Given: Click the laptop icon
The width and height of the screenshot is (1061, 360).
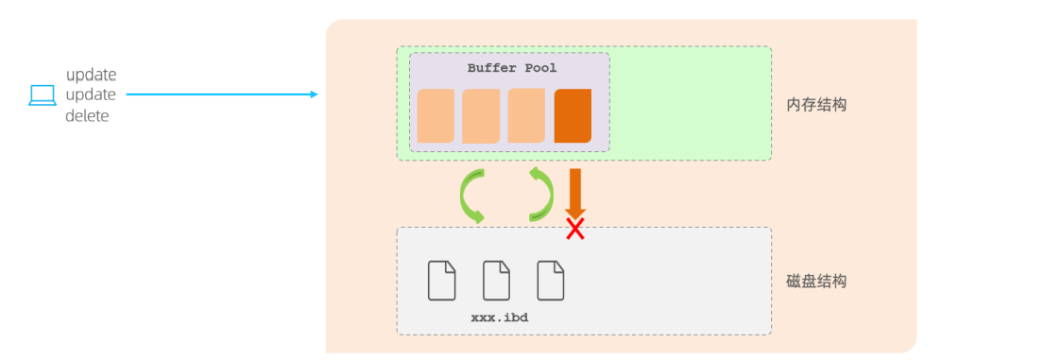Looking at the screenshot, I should [x=43, y=94].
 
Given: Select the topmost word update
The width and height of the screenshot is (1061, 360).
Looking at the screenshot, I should [x=91, y=75].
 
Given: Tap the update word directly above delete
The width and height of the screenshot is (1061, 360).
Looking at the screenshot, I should [x=91, y=95].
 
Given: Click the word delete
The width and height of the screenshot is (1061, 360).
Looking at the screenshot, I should [x=87, y=116].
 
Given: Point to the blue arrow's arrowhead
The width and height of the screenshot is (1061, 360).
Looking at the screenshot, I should [x=313, y=94].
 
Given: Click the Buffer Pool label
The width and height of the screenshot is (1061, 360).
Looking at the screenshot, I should [x=512, y=68].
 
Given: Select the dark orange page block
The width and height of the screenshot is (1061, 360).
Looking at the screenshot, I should [x=573, y=116].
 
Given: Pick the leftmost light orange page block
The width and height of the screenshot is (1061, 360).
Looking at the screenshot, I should [x=436, y=116].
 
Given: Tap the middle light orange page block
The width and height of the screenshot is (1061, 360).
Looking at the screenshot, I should [x=481, y=116].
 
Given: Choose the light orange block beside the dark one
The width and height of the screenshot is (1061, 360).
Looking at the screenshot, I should [x=526, y=116].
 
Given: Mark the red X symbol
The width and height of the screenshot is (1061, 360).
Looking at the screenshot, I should [x=574, y=229].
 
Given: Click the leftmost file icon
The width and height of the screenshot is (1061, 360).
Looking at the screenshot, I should [x=442, y=280].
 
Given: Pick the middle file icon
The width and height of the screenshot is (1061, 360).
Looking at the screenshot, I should [x=496, y=280].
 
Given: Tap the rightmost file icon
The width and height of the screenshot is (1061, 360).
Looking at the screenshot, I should [x=551, y=280].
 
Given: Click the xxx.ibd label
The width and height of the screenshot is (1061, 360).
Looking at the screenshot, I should [x=499, y=317].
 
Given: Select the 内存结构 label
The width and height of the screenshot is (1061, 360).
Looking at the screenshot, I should [x=816, y=104].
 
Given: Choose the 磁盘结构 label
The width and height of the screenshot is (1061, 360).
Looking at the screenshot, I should [x=816, y=281].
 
